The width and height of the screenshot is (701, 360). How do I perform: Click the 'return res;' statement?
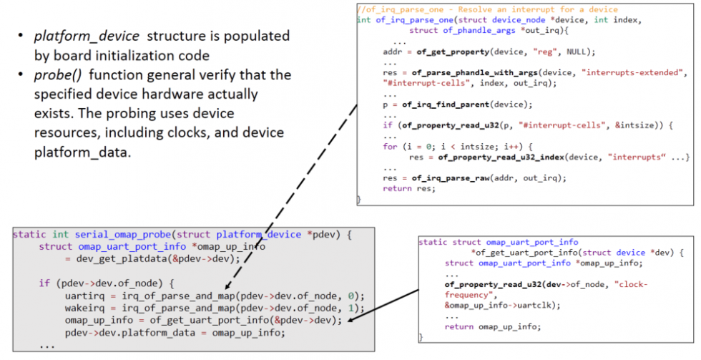(x=407, y=189)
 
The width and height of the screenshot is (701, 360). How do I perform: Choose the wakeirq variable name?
(x=84, y=308)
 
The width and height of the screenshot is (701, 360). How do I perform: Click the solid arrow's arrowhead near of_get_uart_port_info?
(x=350, y=321)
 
